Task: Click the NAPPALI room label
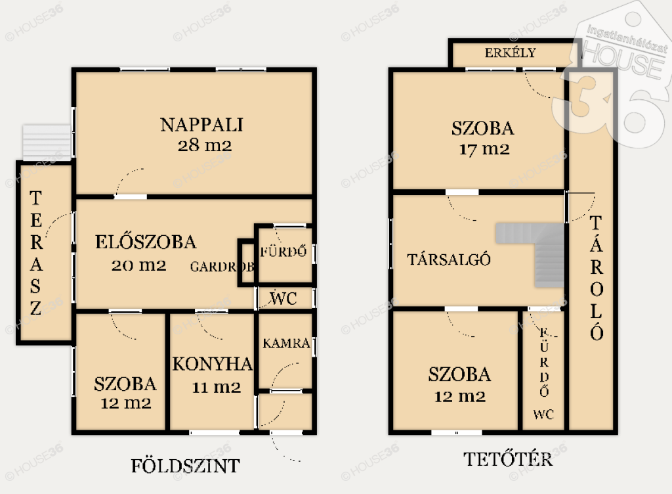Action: (x=201, y=125)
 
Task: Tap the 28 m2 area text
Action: (x=205, y=145)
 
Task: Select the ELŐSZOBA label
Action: (x=146, y=242)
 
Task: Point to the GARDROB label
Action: (x=222, y=267)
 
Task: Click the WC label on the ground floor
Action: (x=283, y=298)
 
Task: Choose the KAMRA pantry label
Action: (x=286, y=343)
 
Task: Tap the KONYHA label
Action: (x=213, y=364)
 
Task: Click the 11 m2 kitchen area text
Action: (x=217, y=388)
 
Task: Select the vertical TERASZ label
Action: (x=36, y=253)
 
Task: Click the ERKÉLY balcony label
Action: (x=511, y=53)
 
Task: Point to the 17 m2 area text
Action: (x=484, y=149)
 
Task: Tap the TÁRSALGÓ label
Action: (x=449, y=259)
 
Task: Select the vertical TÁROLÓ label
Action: (x=597, y=278)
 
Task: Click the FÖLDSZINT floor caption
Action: (x=185, y=466)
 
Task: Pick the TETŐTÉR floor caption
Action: (x=508, y=459)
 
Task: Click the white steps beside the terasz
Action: (x=47, y=143)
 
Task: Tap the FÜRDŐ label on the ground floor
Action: (x=283, y=251)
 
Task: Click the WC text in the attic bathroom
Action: (x=543, y=415)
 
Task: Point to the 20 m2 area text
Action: (x=139, y=265)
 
